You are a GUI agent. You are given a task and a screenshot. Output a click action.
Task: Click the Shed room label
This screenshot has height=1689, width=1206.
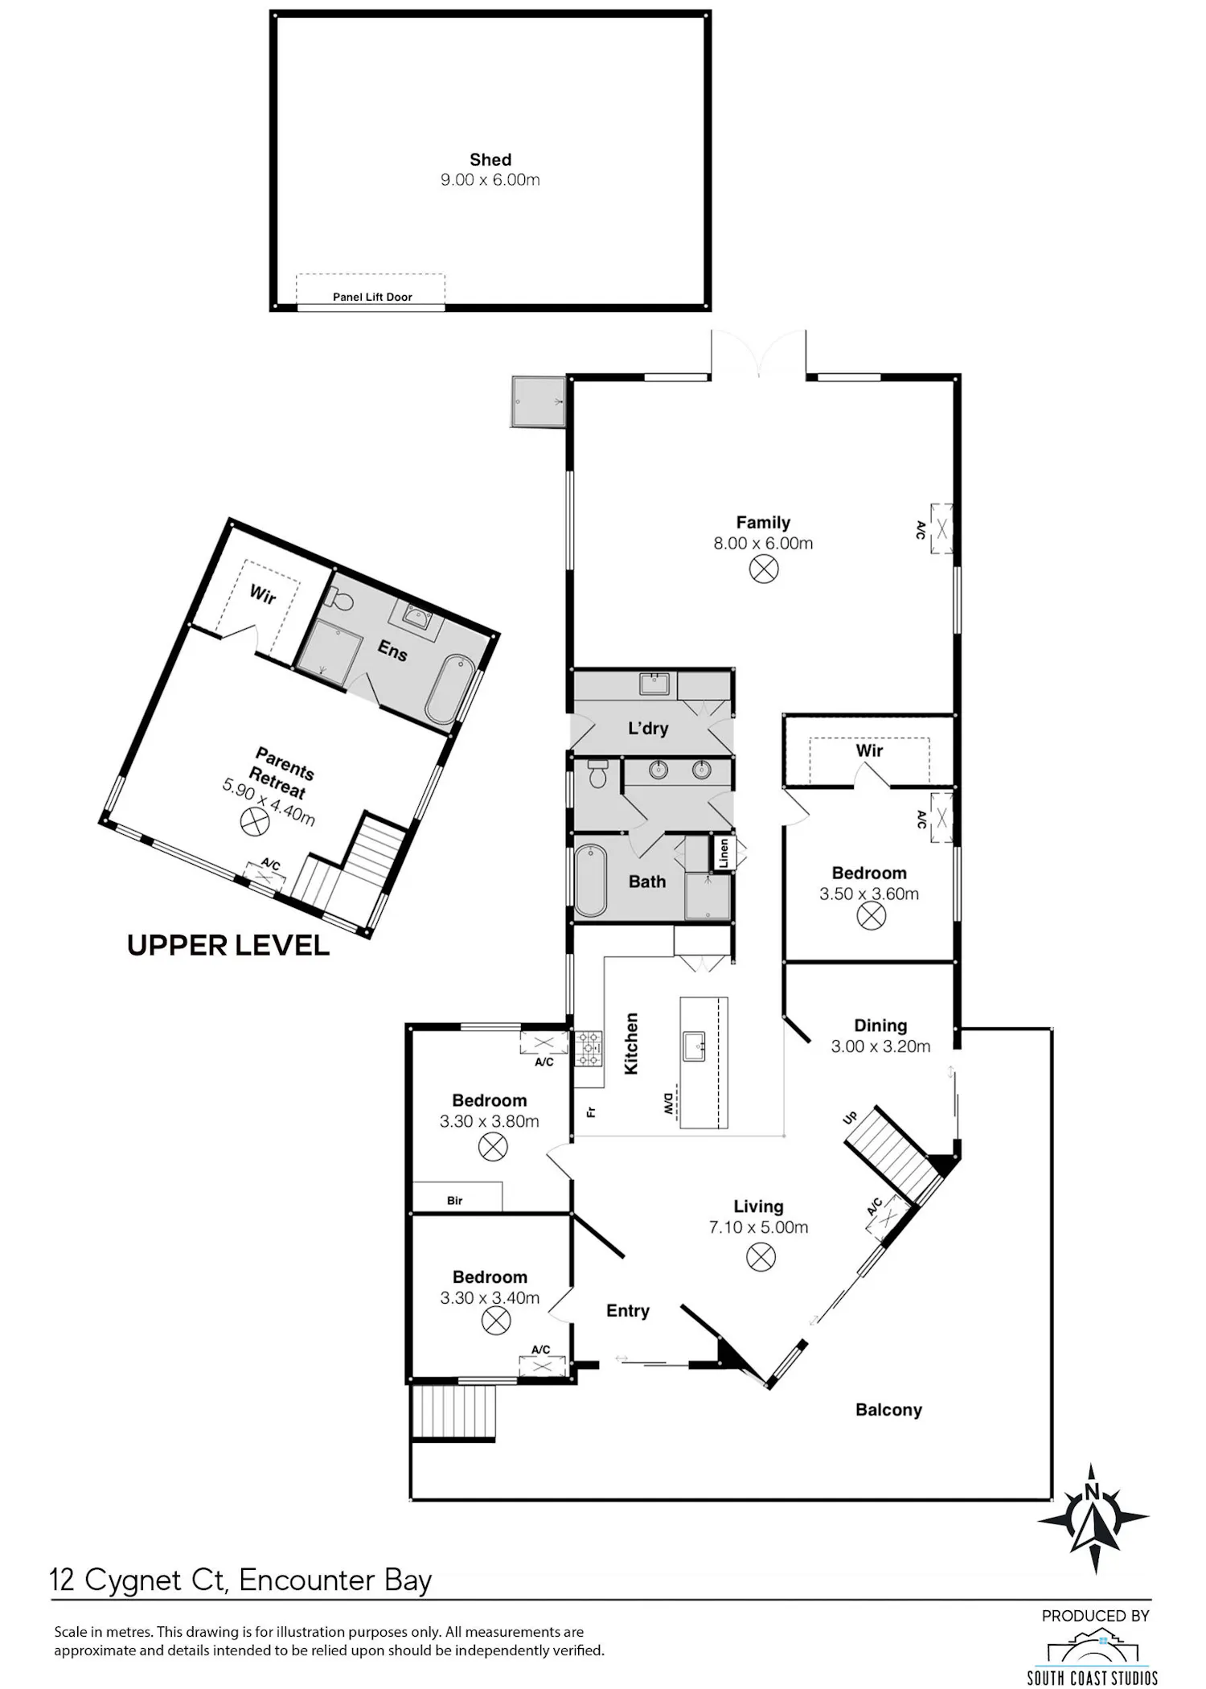490,160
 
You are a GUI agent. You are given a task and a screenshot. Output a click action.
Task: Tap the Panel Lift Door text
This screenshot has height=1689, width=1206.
372,297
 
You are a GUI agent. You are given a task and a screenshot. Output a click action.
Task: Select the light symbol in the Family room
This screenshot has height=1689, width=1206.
764,569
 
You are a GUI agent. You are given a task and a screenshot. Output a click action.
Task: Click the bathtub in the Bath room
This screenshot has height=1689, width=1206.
591,880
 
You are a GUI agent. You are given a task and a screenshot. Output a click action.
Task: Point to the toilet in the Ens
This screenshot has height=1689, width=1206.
339,598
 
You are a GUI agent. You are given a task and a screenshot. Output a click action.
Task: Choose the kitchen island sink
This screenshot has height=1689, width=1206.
694,1046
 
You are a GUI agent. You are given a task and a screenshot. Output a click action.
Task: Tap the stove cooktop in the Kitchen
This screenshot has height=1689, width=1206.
588,1048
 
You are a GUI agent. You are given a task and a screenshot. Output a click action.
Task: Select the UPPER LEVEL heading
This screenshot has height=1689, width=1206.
228,946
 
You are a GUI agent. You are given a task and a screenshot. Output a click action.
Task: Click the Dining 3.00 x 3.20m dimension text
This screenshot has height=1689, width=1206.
880,1046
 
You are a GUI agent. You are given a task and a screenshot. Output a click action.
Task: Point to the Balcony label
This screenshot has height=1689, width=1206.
888,1410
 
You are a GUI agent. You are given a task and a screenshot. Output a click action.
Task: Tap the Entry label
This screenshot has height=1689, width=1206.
628,1311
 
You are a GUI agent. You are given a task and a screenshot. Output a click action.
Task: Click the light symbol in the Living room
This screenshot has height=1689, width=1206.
761,1257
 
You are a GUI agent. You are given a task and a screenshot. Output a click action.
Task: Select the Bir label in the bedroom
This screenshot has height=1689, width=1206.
455,1201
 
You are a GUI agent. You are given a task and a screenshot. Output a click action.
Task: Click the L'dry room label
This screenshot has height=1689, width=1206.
648,729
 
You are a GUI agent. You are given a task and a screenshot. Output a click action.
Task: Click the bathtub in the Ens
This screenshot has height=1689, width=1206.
447,688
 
